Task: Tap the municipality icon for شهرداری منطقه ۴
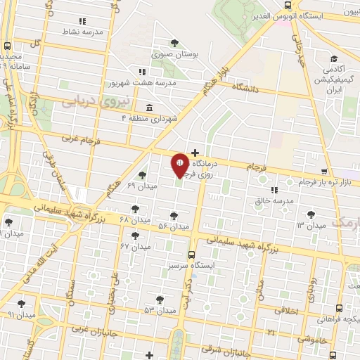[149, 108]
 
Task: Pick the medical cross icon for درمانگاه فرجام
[195, 152]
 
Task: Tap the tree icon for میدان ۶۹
[142, 175]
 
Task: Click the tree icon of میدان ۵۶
[174, 216]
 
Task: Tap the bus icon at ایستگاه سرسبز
[191, 256]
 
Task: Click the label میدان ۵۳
[160, 310]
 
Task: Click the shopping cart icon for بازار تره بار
[323, 172]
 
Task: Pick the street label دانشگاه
[244, 89]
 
